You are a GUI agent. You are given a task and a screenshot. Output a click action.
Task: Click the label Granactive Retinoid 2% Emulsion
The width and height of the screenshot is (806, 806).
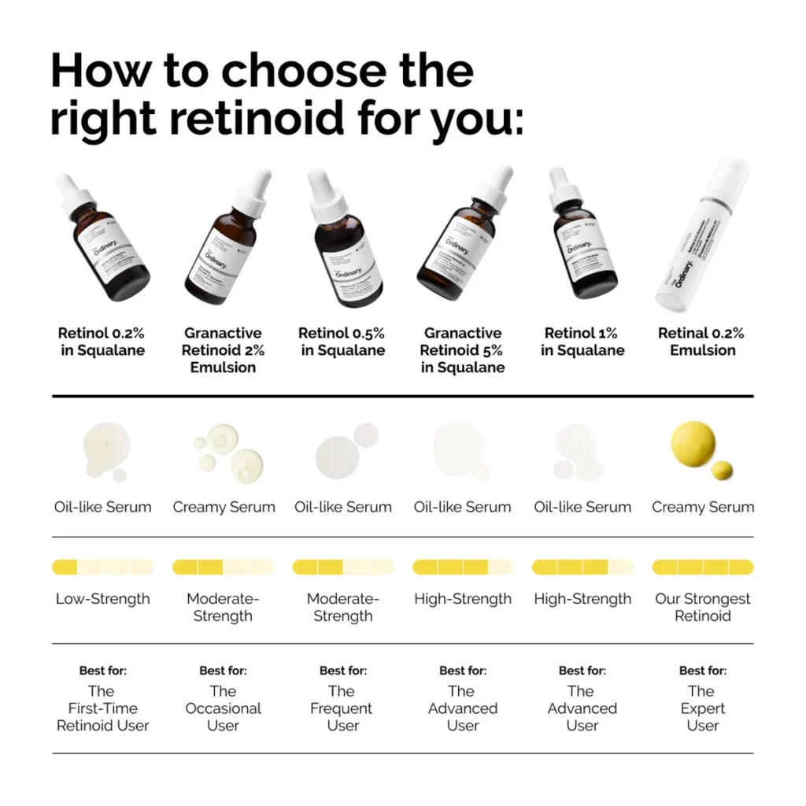(223, 350)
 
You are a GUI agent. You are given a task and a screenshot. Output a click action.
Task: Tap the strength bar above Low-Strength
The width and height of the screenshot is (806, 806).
(102, 567)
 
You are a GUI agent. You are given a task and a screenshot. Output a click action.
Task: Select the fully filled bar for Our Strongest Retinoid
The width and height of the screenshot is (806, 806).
(702, 567)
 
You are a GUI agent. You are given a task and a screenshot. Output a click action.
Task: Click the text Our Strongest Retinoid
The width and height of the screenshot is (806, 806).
(702, 607)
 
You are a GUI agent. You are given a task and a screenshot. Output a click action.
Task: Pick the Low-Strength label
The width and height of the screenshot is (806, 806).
(102, 599)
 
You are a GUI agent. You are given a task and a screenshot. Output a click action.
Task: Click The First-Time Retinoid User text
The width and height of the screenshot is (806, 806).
(102, 708)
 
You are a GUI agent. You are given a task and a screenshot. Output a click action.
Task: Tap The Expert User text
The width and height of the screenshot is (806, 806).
(702, 708)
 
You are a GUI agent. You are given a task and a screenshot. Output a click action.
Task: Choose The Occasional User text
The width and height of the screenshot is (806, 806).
(223, 708)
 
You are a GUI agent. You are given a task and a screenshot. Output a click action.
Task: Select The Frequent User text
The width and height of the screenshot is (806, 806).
(342, 708)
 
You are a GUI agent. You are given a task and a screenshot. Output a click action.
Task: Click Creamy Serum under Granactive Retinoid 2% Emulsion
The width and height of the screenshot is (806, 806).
(224, 507)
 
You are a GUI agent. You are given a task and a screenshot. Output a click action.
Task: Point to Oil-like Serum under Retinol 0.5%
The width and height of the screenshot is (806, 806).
(342, 507)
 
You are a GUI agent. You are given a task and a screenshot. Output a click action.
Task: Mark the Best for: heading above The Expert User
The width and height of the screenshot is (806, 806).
(702, 671)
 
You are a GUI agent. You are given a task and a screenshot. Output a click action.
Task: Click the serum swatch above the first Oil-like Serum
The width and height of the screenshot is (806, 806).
(101, 450)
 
